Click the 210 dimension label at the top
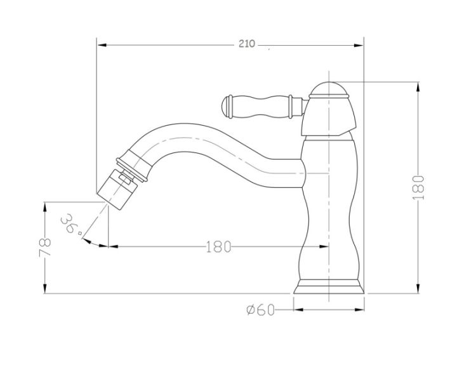click(247, 44)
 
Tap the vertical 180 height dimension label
click(418, 188)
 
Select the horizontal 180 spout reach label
click(218, 246)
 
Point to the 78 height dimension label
click(45, 247)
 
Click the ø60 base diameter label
click(261, 310)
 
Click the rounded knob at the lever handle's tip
click(227, 107)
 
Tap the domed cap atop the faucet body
click(329, 89)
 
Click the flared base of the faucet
click(329, 287)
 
